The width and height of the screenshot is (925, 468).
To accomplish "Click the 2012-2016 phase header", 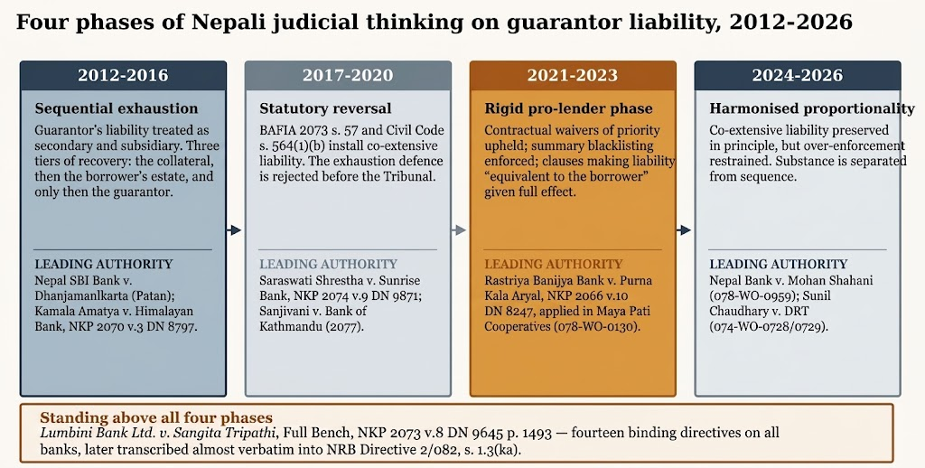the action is (123, 76).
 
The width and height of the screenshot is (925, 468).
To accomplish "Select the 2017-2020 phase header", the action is (348, 76).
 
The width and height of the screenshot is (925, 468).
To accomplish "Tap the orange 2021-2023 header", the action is (573, 76).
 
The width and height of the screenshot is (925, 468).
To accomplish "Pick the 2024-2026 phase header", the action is (798, 76).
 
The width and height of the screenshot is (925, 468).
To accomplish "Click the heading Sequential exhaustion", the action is (117, 108).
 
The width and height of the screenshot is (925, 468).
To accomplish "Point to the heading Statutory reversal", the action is (325, 108).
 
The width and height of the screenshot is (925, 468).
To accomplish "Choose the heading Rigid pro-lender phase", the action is (569, 108).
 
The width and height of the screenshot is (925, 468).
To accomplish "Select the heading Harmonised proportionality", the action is (812, 108).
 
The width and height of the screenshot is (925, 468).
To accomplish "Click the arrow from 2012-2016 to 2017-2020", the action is (235, 230).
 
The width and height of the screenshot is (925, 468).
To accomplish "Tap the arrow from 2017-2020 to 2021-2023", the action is (460, 230).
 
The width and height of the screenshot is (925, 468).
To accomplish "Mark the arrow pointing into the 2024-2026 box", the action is (685, 230).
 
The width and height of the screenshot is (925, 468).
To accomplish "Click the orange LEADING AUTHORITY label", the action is (554, 264).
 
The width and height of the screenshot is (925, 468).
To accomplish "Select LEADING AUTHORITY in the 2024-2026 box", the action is (778, 264).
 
